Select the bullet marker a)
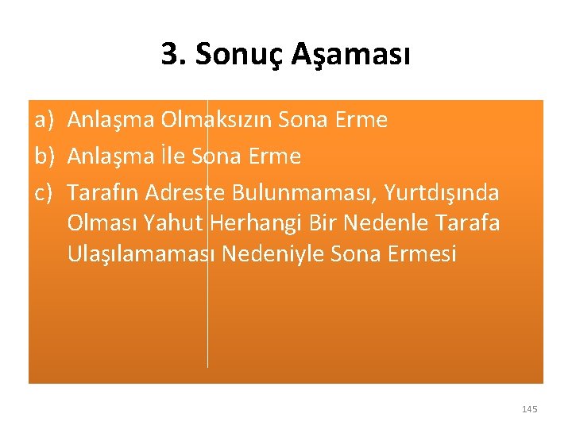(x=43, y=121)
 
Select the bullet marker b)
(x=43, y=157)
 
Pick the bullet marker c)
(x=43, y=193)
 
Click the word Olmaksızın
(x=214, y=121)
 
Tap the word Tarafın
(x=102, y=193)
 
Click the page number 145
(x=530, y=409)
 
